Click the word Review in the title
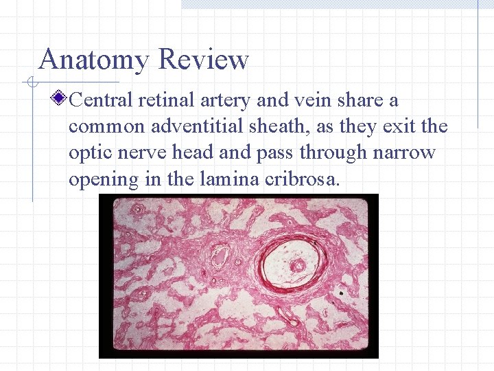tap(203, 60)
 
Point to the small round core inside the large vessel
tap(298, 265)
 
